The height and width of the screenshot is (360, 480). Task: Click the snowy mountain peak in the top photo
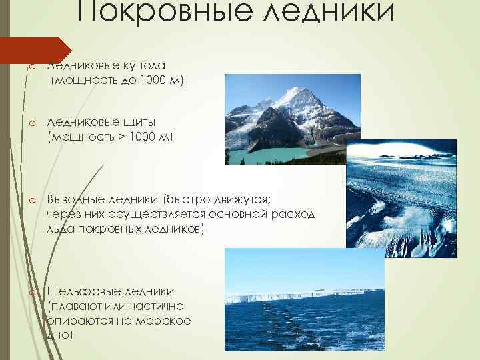tap(293, 93)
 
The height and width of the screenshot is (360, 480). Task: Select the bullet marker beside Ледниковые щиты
tap(31, 123)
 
